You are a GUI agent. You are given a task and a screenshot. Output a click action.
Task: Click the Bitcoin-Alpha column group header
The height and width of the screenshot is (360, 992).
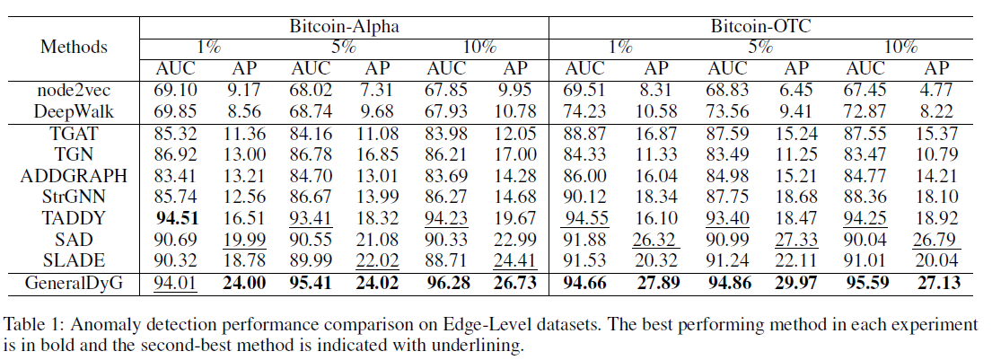click(x=344, y=26)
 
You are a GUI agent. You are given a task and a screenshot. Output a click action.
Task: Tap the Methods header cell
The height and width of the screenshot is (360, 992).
click(x=74, y=47)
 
